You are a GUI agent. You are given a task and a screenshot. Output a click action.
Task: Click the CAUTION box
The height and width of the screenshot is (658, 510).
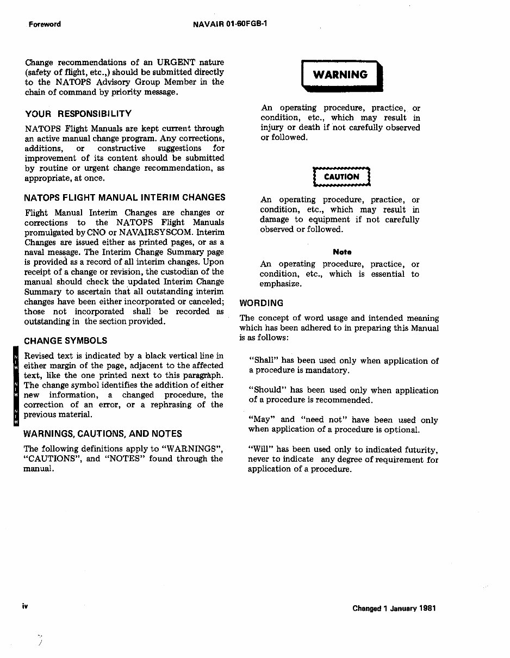click(x=341, y=177)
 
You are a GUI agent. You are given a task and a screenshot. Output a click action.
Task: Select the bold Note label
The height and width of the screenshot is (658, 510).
click(x=342, y=252)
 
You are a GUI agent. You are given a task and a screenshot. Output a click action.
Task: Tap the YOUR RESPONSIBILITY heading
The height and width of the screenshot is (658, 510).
click(x=78, y=114)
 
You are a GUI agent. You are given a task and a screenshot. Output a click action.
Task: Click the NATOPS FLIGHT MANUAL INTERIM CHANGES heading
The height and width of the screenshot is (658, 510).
click(x=125, y=197)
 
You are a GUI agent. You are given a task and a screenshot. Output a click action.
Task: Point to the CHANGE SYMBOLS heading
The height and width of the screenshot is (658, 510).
click(x=66, y=341)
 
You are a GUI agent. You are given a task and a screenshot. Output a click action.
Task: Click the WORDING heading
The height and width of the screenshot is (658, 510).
click(x=262, y=303)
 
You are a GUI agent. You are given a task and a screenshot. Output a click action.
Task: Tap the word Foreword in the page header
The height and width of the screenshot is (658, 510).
click(x=45, y=24)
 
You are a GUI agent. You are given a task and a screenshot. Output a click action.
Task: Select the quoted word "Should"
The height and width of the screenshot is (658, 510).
click(x=267, y=390)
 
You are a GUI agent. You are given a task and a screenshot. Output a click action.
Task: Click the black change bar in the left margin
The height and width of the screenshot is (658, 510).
click(x=16, y=386)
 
